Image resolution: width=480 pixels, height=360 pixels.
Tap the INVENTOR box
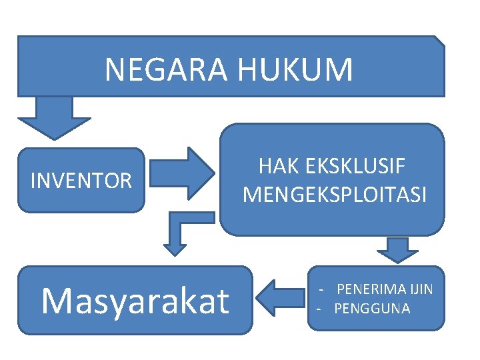click(x=81, y=180)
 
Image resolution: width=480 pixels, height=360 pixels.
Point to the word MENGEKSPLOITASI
click(x=334, y=194)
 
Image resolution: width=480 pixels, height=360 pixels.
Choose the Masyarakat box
click(x=135, y=300)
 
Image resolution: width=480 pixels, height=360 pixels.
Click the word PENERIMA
click(x=371, y=289)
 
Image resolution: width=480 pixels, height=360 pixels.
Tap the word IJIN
click(x=421, y=289)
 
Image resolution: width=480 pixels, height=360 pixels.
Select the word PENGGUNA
click(x=372, y=309)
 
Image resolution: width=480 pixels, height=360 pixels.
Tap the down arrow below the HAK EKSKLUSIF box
click(x=397, y=249)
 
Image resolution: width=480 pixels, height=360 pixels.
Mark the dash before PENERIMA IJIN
click(x=321, y=290)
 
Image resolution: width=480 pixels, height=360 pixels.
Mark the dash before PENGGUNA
click(x=319, y=309)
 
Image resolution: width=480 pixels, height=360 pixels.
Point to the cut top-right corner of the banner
click(x=440, y=40)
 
